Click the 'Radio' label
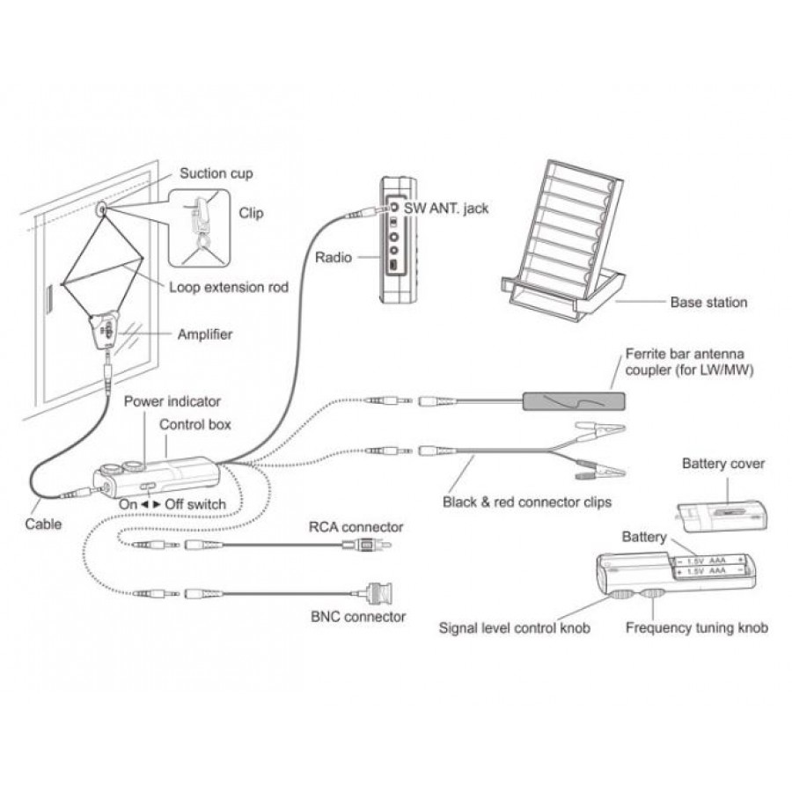click(x=333, y=258)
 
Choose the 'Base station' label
click(x=708, y=302)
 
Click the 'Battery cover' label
click(x=723, y=463)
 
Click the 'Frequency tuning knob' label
click(x=696, y=627)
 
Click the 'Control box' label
click(x=195, y=424)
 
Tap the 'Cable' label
click(x=43, y=524)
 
